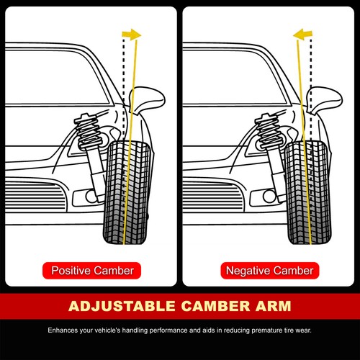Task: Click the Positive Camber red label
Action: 91,271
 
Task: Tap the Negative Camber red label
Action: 270,271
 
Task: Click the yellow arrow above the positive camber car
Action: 132,35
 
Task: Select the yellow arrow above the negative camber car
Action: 302,35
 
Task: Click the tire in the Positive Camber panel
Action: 127,193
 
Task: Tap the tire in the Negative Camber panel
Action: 308,193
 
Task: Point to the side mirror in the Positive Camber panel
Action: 147,100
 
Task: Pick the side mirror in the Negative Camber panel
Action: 325,100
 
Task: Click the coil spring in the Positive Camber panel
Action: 88,131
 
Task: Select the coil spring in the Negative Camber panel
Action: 268,131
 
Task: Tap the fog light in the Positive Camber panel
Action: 91,197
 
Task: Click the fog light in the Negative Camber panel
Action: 269,197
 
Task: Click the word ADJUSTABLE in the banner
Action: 122,306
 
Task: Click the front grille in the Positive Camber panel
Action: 36,195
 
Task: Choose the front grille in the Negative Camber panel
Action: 214,195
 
